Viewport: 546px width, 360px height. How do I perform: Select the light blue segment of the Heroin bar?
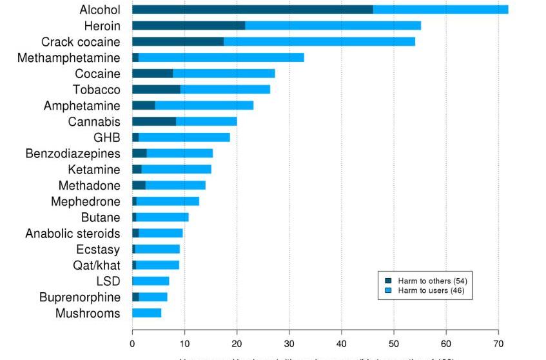tap(333, 25)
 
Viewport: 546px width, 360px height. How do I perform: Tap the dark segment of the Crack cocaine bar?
tap(178, 41)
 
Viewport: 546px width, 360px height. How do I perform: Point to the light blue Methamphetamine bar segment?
tap(221, 57)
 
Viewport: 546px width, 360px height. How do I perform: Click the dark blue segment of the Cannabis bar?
tap(154, 121)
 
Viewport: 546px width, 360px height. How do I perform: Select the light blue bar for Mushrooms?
tap(146, 314)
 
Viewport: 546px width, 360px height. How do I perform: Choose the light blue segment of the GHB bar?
tap(184, 137)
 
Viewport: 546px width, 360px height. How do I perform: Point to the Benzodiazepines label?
tap(73, 154)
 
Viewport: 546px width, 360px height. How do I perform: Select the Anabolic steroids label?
tap(73, 234)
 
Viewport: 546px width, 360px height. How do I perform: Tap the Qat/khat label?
tap(96, 265)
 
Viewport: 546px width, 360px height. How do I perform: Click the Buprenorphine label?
tap(79, 297)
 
